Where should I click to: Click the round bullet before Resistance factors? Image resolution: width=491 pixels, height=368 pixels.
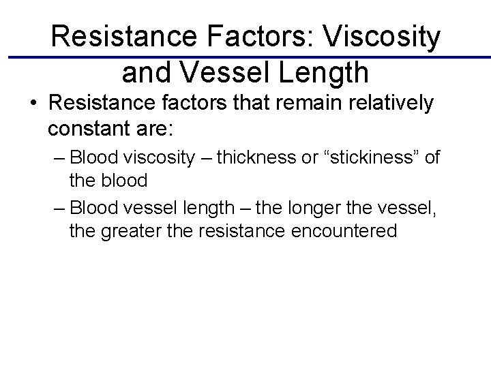(33, 104)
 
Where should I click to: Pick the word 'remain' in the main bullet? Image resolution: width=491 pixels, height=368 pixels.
(290, 104)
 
